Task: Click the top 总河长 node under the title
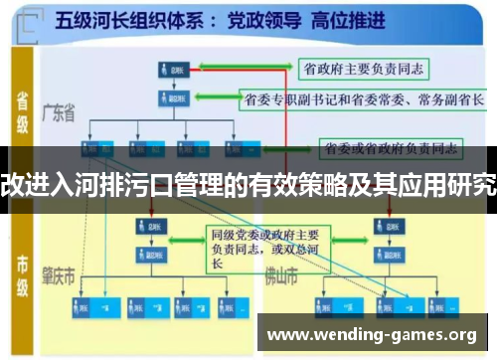[x=170, y=69]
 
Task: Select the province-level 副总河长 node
[x=170, y=99]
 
